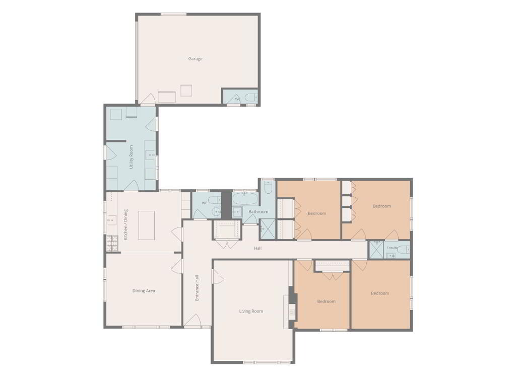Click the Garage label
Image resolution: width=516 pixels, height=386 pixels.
point(195,59)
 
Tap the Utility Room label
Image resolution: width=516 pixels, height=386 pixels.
point(131,157)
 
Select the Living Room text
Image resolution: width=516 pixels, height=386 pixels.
point(251,311)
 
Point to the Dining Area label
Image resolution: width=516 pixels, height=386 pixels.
point(144,291)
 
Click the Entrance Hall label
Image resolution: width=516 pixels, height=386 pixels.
point(197,288)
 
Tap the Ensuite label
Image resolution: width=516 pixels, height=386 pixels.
point(392,248)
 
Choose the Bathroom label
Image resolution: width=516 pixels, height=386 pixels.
point(259,211)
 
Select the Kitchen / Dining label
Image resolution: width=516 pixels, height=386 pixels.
point(125,224)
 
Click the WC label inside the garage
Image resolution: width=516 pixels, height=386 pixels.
point(238,99)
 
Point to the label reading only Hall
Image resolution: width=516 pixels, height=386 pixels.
point(257,248)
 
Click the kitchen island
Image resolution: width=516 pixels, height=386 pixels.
point(147,225)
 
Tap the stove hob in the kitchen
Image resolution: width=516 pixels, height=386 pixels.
point(112,243)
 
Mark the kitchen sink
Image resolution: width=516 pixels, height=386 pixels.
point(111,220)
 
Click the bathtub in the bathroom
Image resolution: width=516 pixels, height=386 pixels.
point(245,199)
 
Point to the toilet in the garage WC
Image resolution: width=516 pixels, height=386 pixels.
point(251,98)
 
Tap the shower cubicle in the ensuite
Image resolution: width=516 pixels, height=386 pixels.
point(376,250)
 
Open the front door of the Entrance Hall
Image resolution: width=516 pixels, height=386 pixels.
point(192,321)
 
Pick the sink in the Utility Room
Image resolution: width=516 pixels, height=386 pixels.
point(151,154)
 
